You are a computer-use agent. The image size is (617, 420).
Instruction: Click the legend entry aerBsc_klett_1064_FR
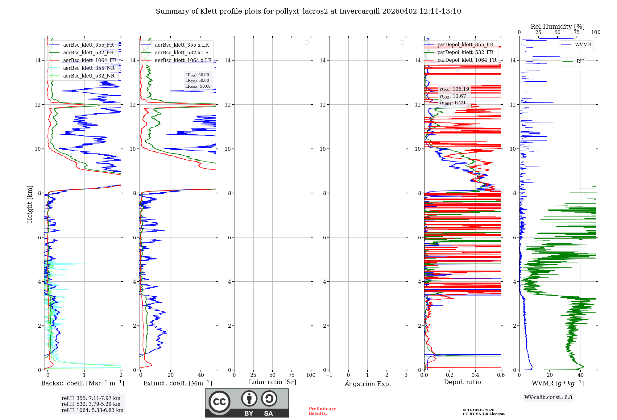(89, 61)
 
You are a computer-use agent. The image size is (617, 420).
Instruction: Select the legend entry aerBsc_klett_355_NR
(89, 68)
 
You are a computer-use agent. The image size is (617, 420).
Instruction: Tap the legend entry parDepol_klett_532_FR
(465, 52)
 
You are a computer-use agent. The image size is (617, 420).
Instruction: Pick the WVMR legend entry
(583, 45)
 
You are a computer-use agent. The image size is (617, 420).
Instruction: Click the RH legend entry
(580, 61)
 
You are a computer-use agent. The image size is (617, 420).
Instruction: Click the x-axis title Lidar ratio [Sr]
(272, 382)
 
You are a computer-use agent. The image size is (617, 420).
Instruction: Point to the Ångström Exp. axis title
(368, 384)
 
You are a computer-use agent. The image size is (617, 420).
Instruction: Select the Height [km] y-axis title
(30, 204)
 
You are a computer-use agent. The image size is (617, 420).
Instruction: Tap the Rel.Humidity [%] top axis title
(557, 27)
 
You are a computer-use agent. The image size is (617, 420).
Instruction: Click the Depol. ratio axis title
(462, 382)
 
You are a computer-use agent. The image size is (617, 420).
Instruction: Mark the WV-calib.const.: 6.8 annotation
(548, 397)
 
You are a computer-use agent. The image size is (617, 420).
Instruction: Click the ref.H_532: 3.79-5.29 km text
(91, 404)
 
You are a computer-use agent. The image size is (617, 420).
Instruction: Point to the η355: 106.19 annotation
(454, 89)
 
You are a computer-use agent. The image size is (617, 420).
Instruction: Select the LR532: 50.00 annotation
(197, 81)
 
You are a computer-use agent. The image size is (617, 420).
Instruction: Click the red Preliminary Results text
(322, 411)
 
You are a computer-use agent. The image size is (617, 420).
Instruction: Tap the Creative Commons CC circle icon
(219, 402)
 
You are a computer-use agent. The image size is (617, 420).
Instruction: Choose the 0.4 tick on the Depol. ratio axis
(475, 375)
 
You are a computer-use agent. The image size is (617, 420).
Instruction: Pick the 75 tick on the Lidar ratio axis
(292, 375)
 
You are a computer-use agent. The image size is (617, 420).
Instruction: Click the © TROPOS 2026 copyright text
(479, 410)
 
